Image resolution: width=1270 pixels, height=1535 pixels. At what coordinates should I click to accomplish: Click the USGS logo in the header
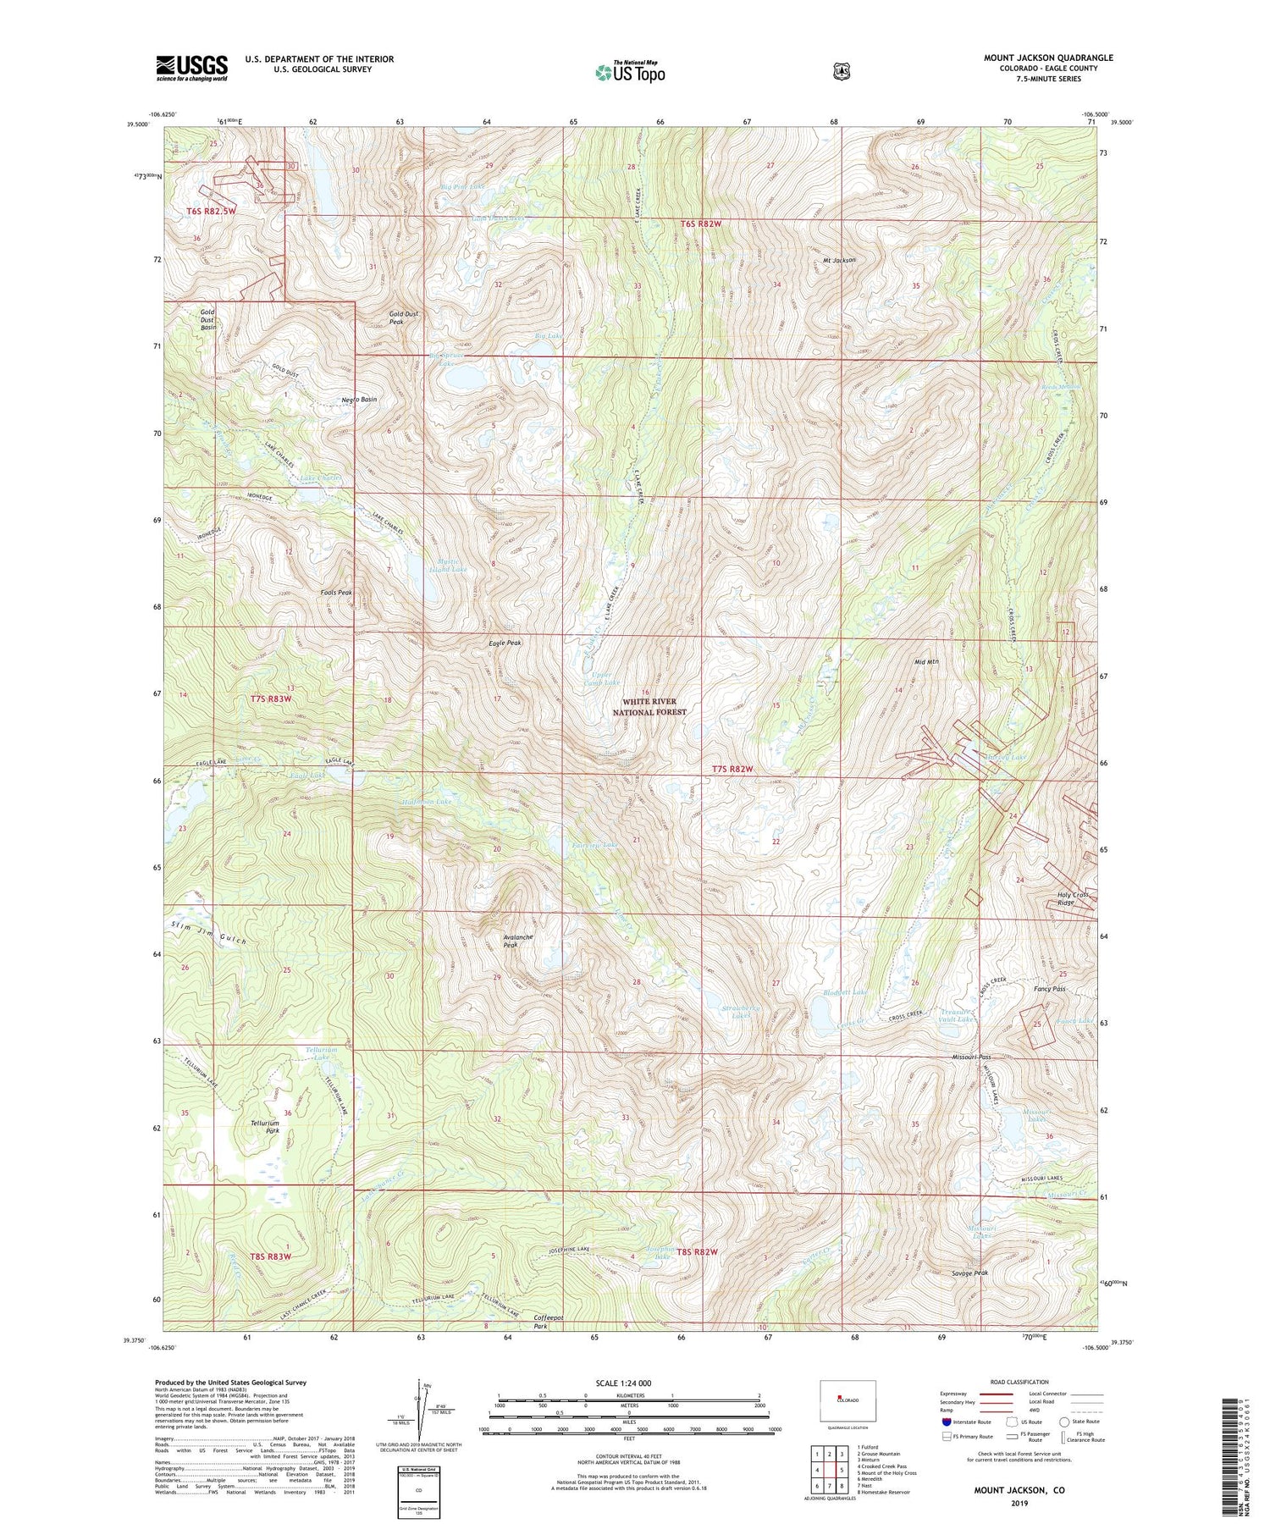(191, 68)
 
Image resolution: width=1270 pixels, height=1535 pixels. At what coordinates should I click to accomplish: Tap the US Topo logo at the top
(630, 72)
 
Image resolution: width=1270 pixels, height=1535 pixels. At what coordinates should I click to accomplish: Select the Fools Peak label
(336, 593)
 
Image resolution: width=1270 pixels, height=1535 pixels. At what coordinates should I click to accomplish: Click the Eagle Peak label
(505, 643)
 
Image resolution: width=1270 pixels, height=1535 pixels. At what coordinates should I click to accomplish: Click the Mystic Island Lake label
(451, 566)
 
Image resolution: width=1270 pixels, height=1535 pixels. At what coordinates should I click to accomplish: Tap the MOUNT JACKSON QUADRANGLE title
(1048, 58)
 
